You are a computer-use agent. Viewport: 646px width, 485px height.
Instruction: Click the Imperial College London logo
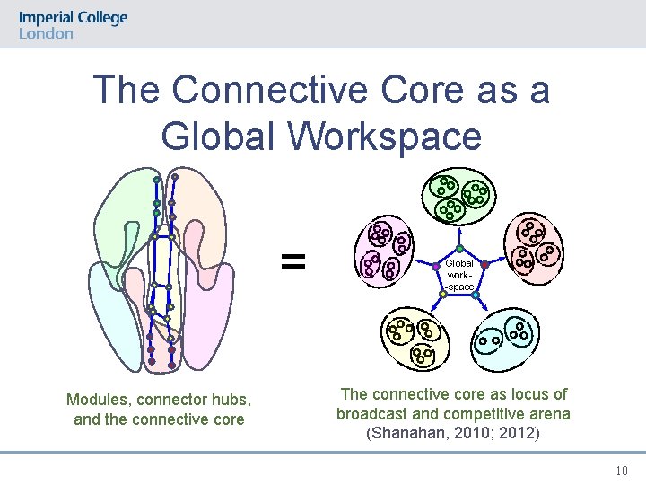tap(73, 24)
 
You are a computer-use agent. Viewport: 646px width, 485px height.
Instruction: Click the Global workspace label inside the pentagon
tap(459, 275)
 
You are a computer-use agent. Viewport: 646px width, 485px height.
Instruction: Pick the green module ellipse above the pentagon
tap(459, 197)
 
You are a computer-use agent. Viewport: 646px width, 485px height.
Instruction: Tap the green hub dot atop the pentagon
tap(459, 249)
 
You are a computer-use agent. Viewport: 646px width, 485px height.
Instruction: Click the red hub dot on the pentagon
tap(485, 265)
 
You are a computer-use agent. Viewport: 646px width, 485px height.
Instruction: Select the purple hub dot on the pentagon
tap(435, 266)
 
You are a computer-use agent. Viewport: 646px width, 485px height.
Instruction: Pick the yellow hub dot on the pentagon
tap(443, 294)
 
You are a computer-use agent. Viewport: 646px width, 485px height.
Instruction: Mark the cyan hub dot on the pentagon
tap(476, 294)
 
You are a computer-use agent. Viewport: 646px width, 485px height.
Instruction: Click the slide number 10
tap(622, 471)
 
